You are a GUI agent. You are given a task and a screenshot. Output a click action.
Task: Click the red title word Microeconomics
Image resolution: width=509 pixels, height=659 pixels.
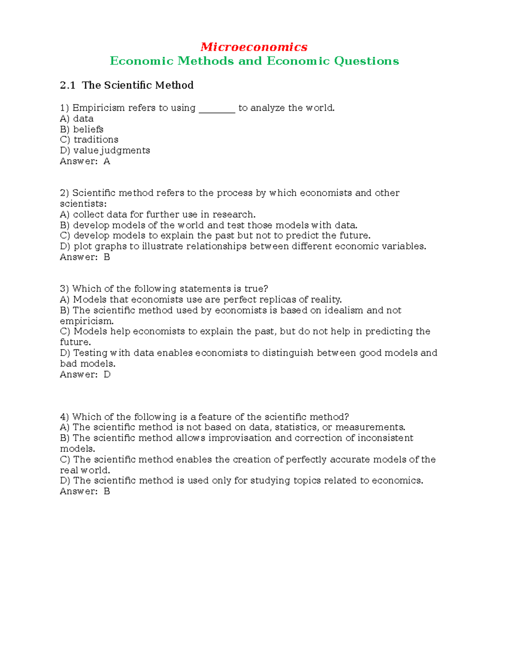(254, 47)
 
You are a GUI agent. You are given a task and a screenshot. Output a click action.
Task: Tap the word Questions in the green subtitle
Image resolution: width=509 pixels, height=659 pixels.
(366, 61)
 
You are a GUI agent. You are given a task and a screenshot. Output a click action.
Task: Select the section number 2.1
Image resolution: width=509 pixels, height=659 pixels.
(67, 85)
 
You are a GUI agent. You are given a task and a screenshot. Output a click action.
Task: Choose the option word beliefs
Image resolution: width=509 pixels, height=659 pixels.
(88, 129)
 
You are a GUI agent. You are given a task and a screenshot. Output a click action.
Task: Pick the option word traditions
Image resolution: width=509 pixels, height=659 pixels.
(96, 140)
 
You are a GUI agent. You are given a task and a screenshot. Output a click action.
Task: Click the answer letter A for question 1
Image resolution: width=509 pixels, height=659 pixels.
(107, 161)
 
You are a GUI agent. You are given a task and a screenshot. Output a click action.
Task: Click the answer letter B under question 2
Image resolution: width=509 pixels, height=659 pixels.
(107, 257)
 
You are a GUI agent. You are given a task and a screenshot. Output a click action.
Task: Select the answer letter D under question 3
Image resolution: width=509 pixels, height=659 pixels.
(107, 375)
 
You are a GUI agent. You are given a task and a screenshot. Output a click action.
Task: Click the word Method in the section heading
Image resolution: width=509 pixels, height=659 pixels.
(174, 85)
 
